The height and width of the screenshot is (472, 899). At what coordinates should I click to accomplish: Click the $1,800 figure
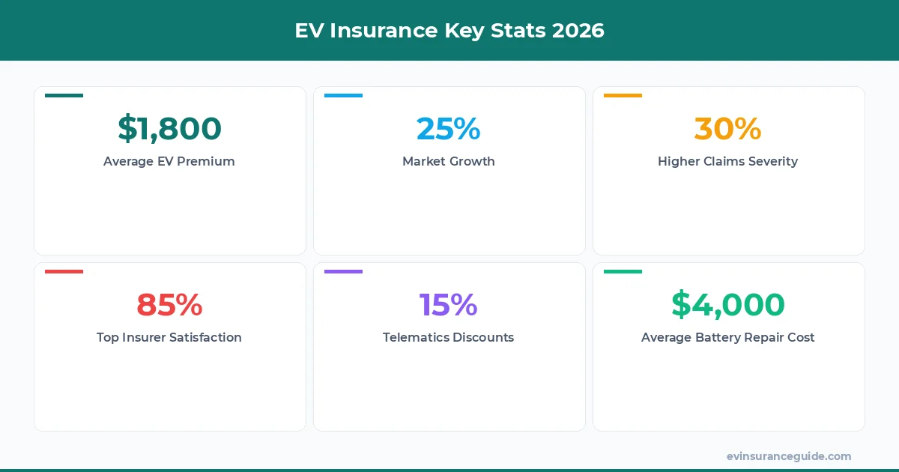pyautogui.click(x=169, y=129)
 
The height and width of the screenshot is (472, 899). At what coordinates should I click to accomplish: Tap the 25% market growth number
pyautogui.click(x=448, y=129)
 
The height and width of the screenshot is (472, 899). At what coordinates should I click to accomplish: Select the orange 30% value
pyautogui.click(x=727, y=129)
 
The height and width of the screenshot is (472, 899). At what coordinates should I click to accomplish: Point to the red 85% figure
pyautogui.click(x=169, y=305)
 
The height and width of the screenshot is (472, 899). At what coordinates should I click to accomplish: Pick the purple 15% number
pyautogui.click(x=448, y=305)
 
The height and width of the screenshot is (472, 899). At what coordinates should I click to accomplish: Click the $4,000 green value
pyautogui.click(x=727, y=305)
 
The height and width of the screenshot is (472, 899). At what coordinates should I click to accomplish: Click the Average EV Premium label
pyautogui.click(x=169, y=161)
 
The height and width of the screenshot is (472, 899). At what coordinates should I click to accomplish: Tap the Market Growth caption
pyautogui.click(x=448, y=161)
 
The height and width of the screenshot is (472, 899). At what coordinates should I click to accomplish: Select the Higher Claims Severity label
pyautogui.click(x=727, y=161)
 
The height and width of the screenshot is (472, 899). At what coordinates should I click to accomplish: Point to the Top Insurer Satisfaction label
pyautogui.click(x=169, y=337)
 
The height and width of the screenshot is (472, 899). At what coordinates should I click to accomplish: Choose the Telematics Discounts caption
pyautogui.click(x=448, y=337)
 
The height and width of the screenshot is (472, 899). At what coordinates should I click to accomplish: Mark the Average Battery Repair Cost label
pyautogui.click(x=727, y=337)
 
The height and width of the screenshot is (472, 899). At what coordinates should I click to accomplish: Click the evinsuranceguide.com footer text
pyautogui.click(x=788, y=456)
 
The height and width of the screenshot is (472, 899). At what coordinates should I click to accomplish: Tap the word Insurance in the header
pyautogui.click(x=381, y=31)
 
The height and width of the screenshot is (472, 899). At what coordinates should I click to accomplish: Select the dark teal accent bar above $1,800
pyautogui.click(x=64, y=96)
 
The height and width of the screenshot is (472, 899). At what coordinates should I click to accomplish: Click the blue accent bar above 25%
pyautogui.click(x=343, y=96)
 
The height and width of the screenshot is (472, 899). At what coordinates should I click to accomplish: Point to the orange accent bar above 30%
pyautogui.click(x=623, y=96)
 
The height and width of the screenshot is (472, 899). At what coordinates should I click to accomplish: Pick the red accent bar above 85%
pyautogui.click(x=64, y=272)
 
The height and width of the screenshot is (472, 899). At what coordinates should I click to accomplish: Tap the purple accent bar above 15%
pyautogui.click(x=343, y=272)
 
